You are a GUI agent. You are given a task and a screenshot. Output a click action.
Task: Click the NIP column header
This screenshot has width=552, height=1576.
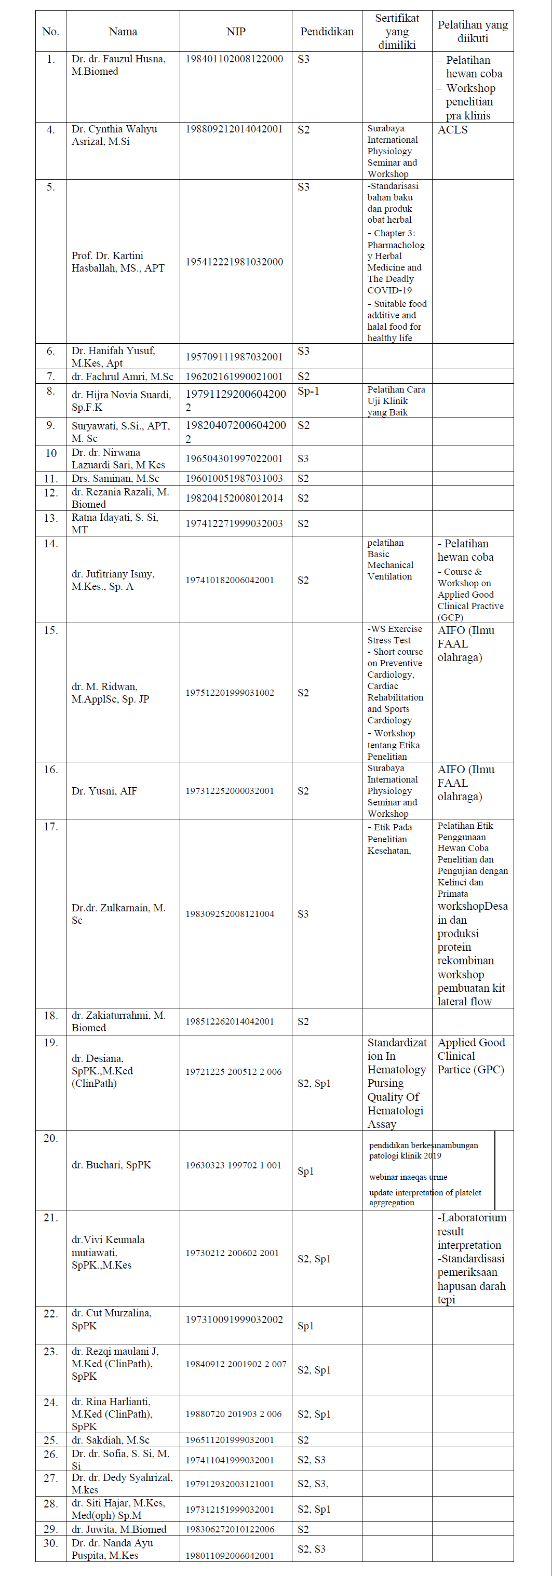[x=236, y=32]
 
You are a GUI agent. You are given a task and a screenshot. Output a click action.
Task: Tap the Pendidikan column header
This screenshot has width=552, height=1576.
[x=327, y=32]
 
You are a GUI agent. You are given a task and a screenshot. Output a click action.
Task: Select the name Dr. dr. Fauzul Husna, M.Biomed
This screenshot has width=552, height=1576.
[x=118, y=65]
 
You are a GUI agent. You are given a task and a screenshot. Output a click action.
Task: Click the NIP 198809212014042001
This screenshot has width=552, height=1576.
[x=234, y=129]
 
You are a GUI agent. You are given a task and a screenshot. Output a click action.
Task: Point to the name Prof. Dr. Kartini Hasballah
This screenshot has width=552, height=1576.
[x=117, y=262]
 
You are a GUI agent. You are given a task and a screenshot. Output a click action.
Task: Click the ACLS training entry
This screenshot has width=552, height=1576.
[x=452, y=130]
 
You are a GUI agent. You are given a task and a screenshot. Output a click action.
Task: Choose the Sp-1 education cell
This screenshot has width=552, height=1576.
[x=308, y=391]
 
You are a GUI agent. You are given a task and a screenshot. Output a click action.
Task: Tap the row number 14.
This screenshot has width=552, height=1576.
[x=50, y=544]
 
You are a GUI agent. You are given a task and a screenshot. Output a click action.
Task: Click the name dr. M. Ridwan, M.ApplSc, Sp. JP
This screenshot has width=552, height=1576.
[x=110, y=693]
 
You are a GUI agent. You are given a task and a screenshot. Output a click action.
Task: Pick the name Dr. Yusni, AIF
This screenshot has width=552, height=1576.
[x=104, y=791]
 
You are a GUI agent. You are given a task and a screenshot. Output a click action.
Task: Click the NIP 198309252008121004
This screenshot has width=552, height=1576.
[x=230, y=914]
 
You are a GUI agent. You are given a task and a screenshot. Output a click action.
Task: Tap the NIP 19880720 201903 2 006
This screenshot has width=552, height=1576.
[x=233, y=1414]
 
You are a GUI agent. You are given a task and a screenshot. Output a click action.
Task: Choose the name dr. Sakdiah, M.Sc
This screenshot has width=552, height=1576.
[x=110, y=1440]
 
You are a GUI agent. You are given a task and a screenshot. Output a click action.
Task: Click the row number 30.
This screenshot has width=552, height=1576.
[x=50, y=1543]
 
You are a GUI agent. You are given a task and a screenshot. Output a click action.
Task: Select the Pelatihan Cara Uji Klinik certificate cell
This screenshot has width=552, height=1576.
[x=396, y=401]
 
